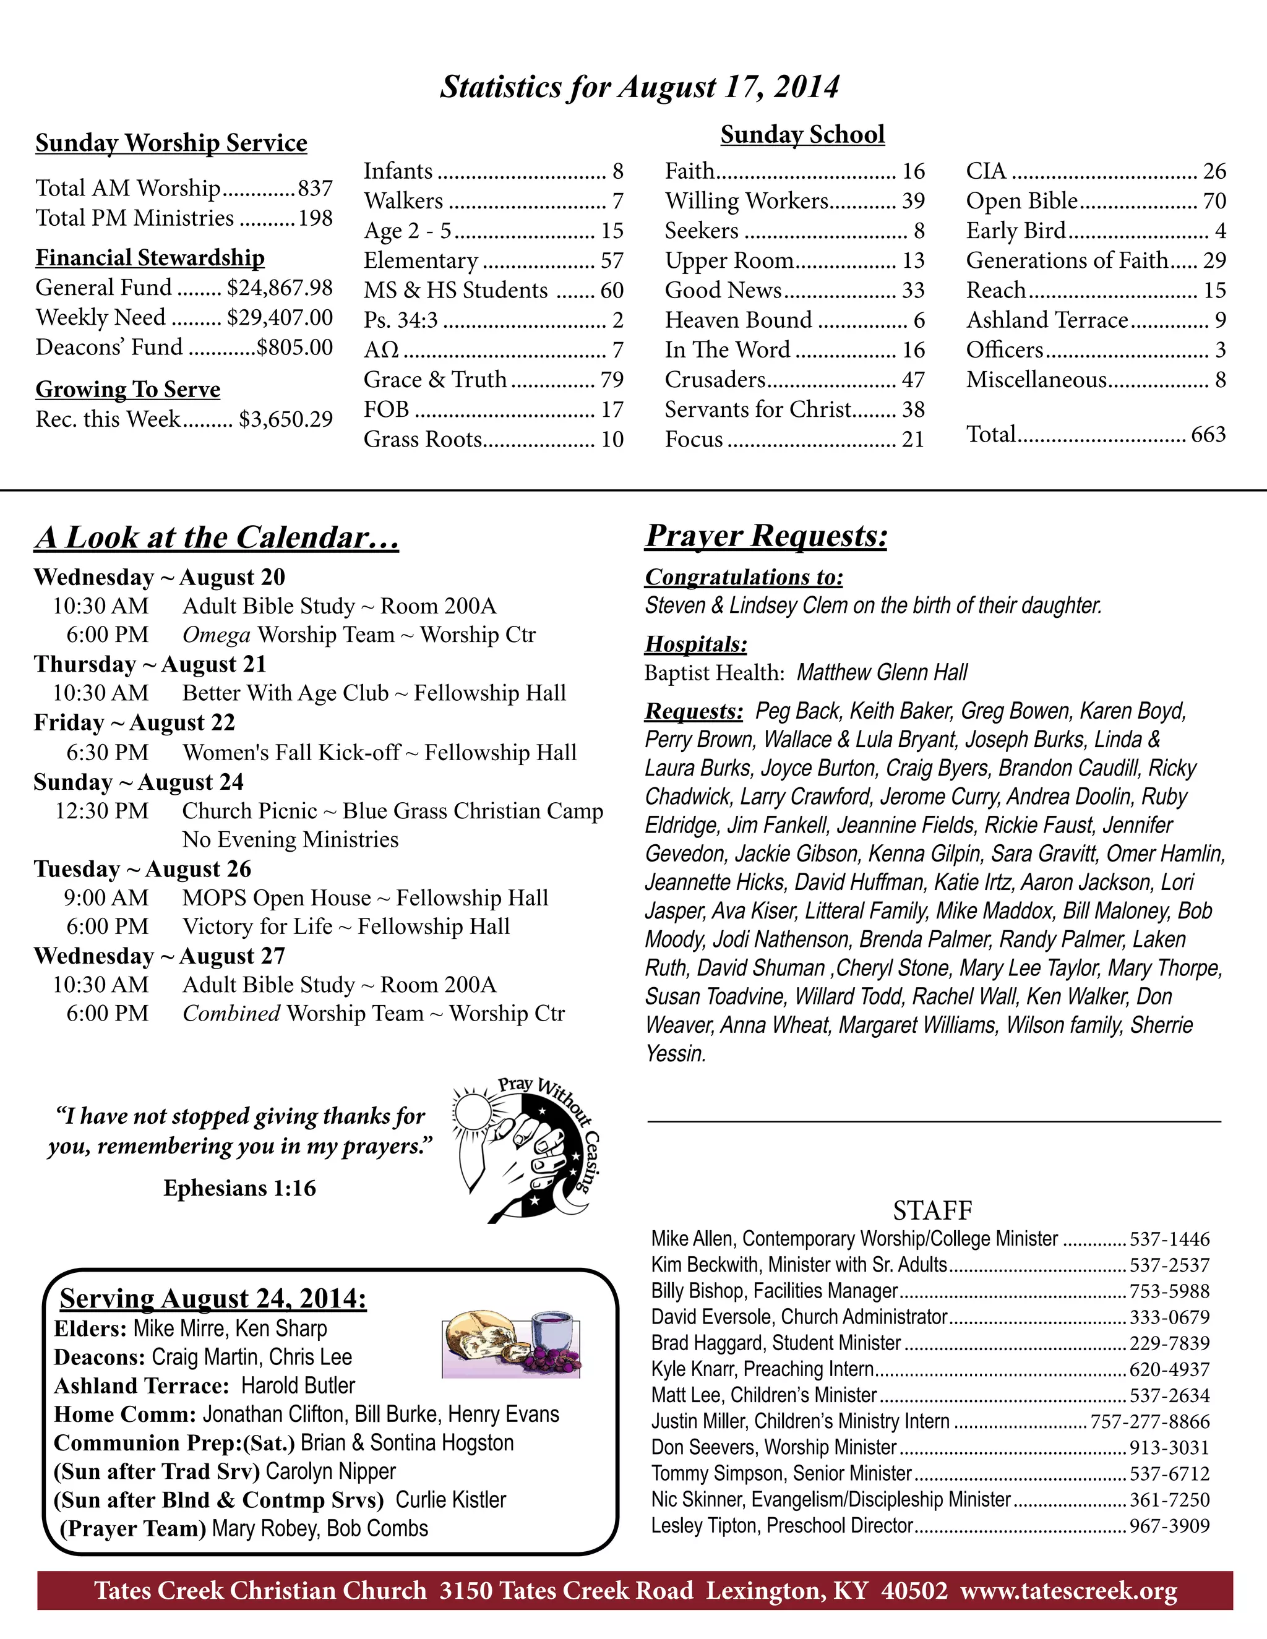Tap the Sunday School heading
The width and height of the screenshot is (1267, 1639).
coord(802,135)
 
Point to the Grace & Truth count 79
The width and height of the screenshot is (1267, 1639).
coord(612,380)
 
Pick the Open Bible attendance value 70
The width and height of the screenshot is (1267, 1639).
coord(1214,201)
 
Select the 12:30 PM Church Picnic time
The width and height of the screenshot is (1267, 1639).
coord(101,811)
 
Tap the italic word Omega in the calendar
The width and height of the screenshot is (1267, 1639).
coord(216,635)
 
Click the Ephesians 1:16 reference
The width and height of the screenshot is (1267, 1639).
coord(239,1188)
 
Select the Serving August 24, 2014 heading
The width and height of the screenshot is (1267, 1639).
coord(213,1298)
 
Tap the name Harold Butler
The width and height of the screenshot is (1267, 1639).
coord(298,1385)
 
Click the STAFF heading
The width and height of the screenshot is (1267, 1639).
coord(932,1210)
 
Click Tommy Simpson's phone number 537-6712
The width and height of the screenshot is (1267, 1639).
coord(1169,1474)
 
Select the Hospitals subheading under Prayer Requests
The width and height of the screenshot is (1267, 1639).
coord(696,644)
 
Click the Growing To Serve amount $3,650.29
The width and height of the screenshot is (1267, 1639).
coord(285,419)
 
